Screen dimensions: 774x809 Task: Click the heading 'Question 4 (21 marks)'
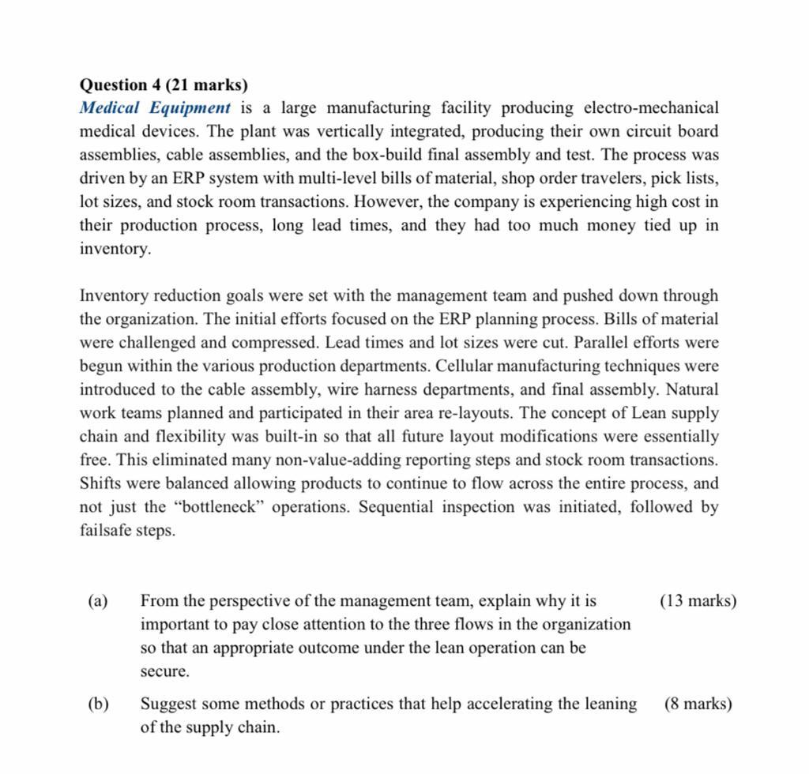pos(163,85)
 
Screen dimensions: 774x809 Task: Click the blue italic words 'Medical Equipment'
pos(156,108)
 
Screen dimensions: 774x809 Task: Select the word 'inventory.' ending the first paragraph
pos(115,250)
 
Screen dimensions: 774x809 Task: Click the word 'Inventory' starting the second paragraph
pos(115,296)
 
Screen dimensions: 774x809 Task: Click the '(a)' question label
pos(98,602)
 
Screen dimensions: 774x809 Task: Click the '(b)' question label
pos(98,704)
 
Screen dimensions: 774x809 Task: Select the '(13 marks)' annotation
pos(697,602)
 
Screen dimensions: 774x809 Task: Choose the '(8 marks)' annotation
pos(698,704)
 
